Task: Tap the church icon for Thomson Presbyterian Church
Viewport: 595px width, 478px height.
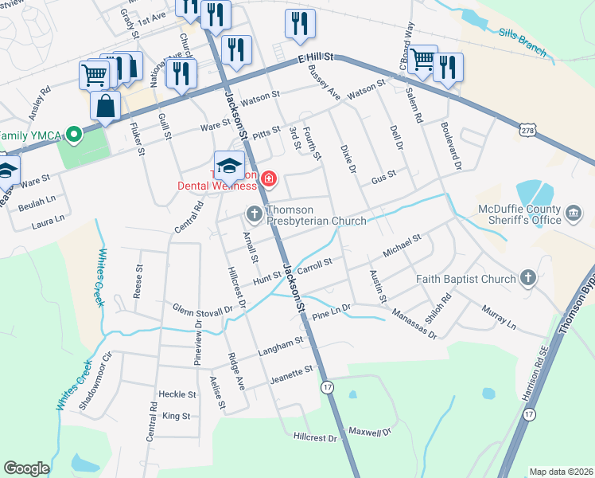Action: (x=254, y=213)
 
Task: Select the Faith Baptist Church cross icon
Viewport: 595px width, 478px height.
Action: (x=527, y=278)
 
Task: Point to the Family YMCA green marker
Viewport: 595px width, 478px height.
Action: (x=73, y=134)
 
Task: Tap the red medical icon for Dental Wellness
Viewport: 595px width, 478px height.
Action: (x=269, y=178)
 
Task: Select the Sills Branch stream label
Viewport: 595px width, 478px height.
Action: (x=523, y=43)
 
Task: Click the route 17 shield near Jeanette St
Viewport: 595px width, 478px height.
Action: (x=326, y=386)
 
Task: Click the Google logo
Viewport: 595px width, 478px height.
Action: (x=26, y=468)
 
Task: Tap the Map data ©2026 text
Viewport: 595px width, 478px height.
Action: (x=561, y=472)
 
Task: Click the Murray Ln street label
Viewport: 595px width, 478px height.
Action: (x=499, y=315)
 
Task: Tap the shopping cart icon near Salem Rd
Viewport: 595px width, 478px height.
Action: (x=423, y=58)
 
